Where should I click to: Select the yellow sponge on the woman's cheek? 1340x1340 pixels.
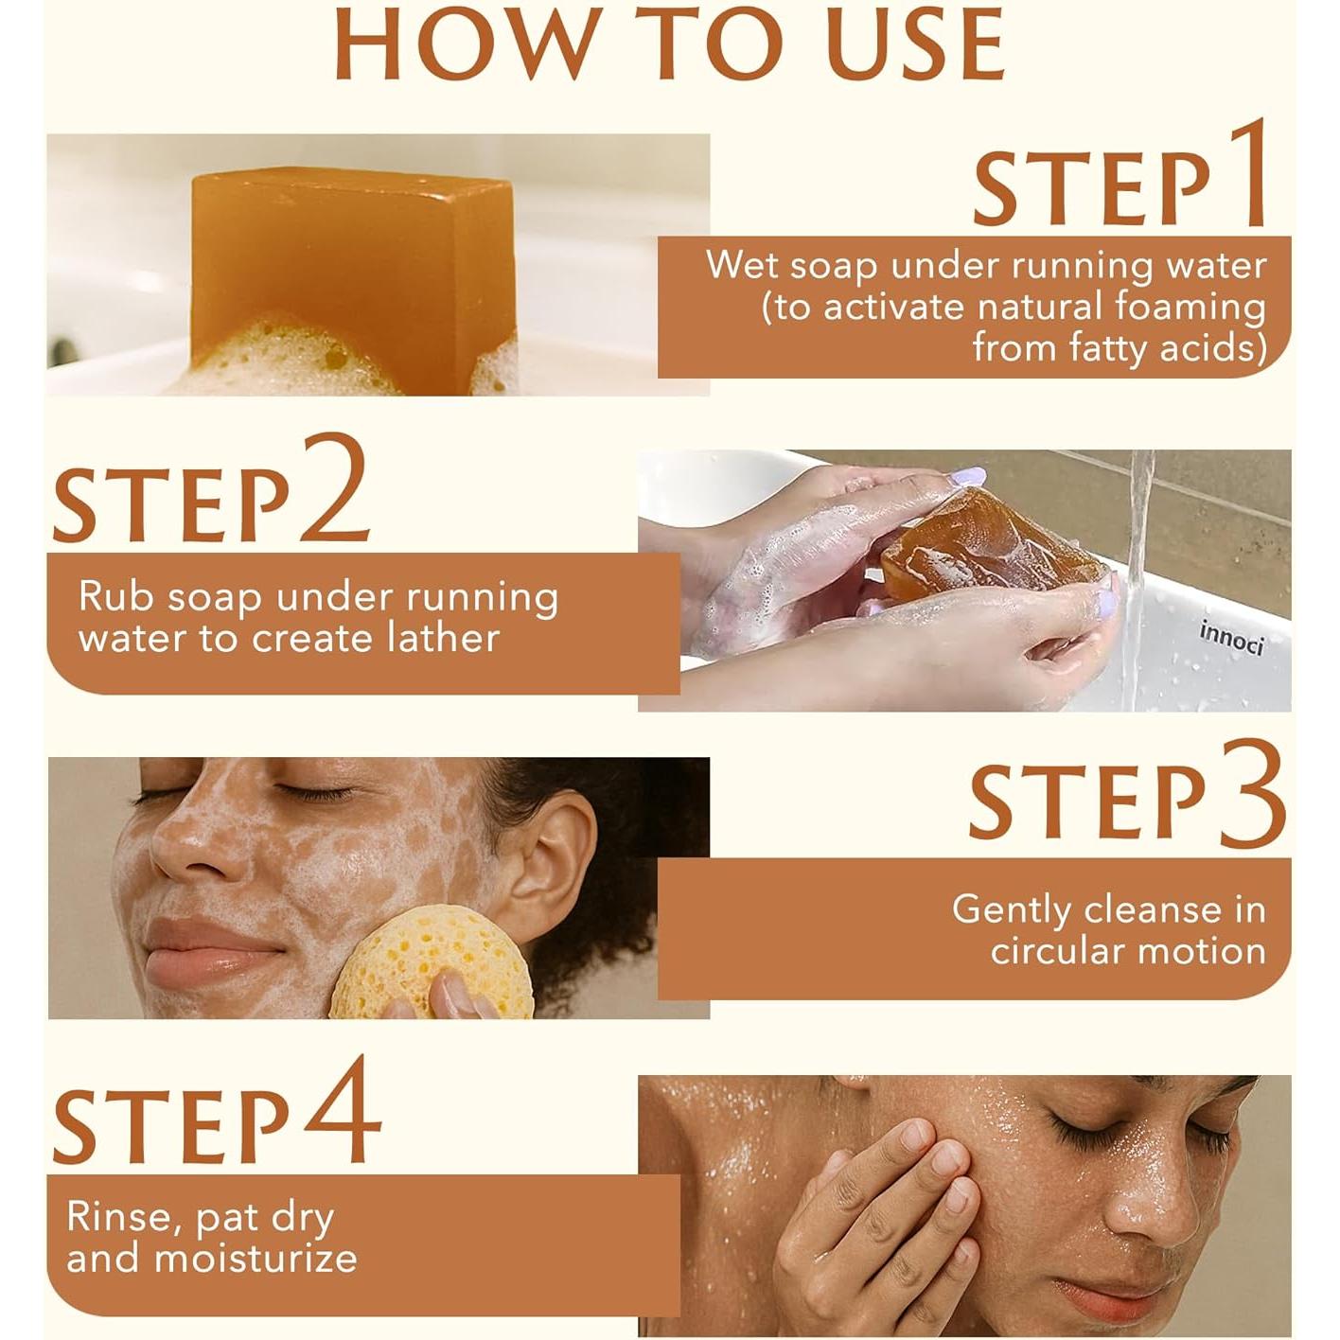(432, 963)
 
